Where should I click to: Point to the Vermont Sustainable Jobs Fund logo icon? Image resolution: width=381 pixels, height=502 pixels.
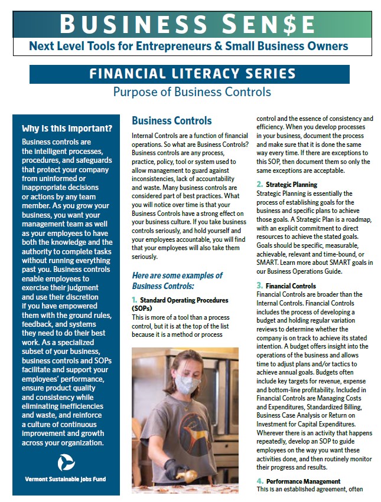(66, 462)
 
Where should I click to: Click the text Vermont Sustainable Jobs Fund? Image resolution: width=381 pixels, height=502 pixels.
(66, 479)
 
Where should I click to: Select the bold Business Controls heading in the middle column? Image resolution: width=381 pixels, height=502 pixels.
(171, 121)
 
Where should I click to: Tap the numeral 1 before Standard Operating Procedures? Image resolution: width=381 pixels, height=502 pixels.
(134, 300)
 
